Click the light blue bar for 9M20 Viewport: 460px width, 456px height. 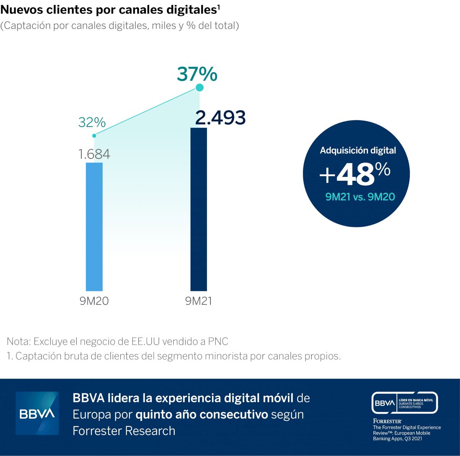click(94, 226)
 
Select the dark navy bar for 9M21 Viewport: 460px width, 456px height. click(199, 209)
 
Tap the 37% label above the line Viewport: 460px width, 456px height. click(197, 74)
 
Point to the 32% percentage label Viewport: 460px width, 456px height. click(92, 122)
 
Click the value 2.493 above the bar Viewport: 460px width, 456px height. click(220, 117)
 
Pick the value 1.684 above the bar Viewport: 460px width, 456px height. click(94, 154)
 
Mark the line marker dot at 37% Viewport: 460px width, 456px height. click(199, 88)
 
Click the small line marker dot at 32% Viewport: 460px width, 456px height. click(94, 135)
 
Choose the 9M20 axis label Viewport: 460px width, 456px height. click(94, 301)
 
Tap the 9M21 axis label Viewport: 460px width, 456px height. click(199, 301)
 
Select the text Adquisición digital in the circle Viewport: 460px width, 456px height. click(358, 150)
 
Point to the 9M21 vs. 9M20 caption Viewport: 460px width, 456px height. click(360, 197)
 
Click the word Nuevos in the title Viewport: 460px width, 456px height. click(22, 10)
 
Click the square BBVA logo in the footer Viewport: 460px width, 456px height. click(37, 413)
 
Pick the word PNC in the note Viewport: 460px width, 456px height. click(218, 341)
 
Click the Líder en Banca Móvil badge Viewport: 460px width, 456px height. click(405, 403)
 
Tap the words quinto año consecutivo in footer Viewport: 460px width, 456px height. click(202, 415)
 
